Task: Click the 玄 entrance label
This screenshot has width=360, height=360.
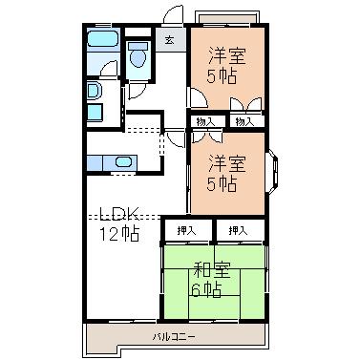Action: tap(170, 40)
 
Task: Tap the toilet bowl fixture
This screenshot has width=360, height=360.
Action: tap(138, 55)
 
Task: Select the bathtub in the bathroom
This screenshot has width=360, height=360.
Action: tap(103, 39)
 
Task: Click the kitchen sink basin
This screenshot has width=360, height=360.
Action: tap(123, 162)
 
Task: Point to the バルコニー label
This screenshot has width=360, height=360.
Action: tap(174, 336)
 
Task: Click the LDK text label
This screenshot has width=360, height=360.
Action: tap(119, 214)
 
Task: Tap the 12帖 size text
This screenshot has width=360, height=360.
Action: tap(119, 233)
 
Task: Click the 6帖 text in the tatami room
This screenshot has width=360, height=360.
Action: tap(206, 289)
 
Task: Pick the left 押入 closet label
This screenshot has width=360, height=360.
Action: tap(186, 230)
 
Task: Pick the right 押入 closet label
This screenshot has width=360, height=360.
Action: tap(238, 230)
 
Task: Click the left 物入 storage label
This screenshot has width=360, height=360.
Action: tap(206, 121)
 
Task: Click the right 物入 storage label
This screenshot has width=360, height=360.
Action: tap(244, 121)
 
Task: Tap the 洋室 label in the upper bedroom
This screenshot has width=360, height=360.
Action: tap(227, 56)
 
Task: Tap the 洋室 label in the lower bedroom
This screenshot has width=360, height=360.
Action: tap(227, 164)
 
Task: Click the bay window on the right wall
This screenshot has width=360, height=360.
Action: tap(273, 172)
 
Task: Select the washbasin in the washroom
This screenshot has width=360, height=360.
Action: tap(94, 90)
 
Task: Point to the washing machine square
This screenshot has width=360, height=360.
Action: tap(95, 112)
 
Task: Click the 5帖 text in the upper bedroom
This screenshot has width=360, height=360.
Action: tap(222, 76)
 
